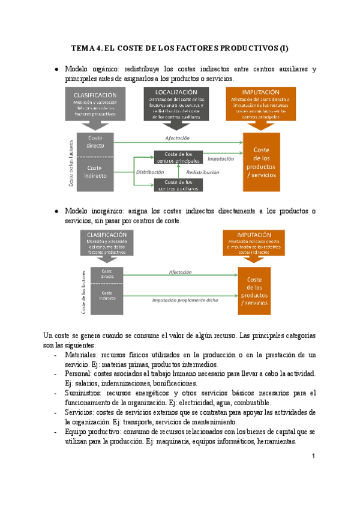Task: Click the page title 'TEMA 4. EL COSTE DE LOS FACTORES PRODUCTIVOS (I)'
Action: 180,48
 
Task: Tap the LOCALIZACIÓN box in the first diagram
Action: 176,104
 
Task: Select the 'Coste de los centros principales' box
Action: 178,157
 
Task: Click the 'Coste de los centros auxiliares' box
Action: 178,185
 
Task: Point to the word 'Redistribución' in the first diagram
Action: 202,172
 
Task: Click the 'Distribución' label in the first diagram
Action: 149,172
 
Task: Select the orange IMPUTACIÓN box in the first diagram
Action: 261,104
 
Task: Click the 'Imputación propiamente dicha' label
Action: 185,299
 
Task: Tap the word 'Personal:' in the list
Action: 79,373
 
